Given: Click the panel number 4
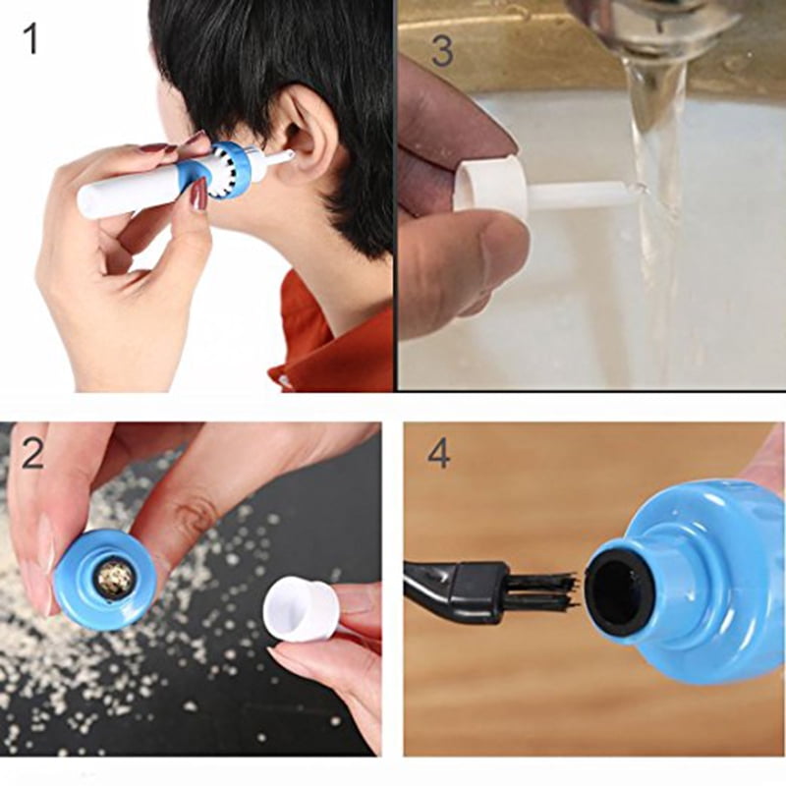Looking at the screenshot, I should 438,453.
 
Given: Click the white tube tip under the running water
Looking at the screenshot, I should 589,194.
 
